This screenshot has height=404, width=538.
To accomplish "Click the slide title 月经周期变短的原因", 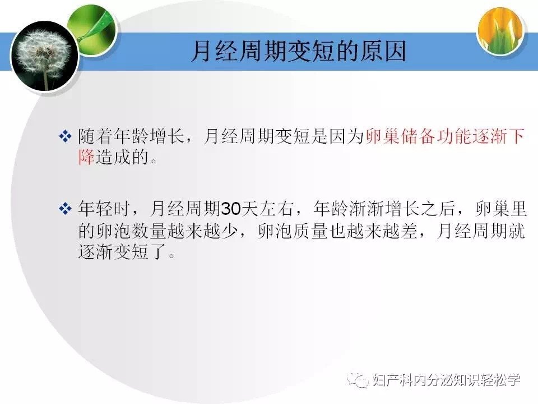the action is point(299,52).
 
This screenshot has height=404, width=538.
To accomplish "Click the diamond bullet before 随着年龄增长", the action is point(65,136).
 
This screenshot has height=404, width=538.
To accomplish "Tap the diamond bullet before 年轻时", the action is point(65,209).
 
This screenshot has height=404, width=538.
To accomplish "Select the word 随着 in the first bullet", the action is point(95,136).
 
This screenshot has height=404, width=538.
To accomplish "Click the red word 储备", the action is point(418,136).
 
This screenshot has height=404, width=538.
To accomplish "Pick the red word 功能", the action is point(454,136).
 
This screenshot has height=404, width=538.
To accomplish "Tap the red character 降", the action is point(86,157).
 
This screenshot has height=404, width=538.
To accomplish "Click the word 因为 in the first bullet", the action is point(347,136).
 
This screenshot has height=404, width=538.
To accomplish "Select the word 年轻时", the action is point(104,209).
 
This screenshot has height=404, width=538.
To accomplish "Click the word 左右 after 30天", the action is point(277,209).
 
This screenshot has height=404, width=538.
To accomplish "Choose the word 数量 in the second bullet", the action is point(149,231).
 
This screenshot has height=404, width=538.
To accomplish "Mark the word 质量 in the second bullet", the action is point(311,231).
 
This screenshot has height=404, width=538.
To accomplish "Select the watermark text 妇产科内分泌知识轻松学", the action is point(447,380).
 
